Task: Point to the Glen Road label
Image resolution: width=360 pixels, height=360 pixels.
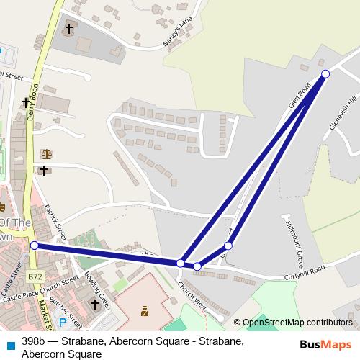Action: (x=299, y=94)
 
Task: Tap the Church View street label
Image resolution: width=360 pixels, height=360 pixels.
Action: (x=193, y=294)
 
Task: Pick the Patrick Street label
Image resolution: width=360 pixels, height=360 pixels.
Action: (x=55, y=222)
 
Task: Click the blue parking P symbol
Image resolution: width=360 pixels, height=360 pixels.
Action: (x=62, y=323)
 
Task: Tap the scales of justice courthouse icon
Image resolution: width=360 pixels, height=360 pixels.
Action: (x=47, y=153)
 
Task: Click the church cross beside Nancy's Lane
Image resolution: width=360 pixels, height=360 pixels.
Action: (x=69, y=29)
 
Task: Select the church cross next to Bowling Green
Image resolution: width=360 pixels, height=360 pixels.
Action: (x=94, y=305)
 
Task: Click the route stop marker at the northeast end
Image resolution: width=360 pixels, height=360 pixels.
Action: (x=325, y=74)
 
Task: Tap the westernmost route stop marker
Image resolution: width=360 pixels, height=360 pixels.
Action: (x=35, y=246)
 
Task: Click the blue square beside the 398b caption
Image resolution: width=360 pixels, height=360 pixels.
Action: (x=9, y=342)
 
